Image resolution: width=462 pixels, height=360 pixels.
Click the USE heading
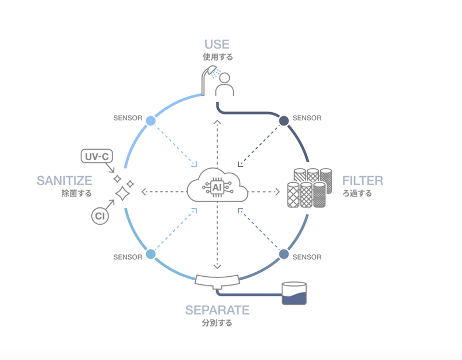[x=217, y=44]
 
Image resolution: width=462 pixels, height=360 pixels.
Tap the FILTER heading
[x=362, y=181]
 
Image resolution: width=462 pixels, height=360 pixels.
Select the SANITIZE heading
[x=64, y=181]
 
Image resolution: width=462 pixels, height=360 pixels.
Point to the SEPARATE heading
[x=217, y=310]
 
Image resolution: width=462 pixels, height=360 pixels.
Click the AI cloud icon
[x=218, y=187]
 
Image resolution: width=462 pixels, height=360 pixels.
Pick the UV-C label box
[x=96, y=157]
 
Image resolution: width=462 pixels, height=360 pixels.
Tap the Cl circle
[x=100, y=216]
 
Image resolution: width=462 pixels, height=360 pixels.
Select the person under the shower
[x=225, y=84]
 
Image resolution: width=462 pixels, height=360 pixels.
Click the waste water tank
[x=294, y=294]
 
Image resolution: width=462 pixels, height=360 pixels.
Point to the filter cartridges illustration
[x=310, y=188]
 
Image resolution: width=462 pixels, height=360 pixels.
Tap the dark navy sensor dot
[x=284, y=121]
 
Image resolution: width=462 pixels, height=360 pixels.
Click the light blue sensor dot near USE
[x=151, y=121]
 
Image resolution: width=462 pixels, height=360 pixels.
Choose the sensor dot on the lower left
[x=151, y=254]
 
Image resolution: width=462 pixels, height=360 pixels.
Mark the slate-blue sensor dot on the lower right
[x=284, y=254]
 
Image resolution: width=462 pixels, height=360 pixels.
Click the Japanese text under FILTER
[x=357, y=194]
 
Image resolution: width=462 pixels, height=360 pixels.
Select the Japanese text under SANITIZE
[x=76, y=194]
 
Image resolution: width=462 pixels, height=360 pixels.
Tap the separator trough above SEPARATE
[x=217, y=280]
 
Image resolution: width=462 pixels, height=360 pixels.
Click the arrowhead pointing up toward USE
[x=217, y=123]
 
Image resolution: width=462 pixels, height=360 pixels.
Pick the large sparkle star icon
[x=122, y=194]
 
